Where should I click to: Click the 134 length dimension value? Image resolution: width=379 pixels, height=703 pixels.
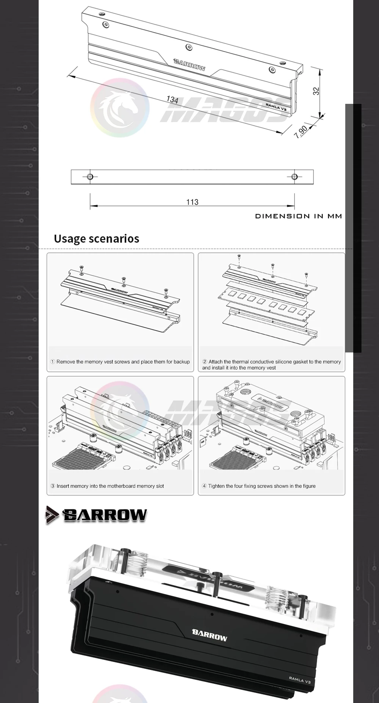(x=172, y=100)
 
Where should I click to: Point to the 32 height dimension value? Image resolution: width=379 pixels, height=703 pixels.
(x=316, y=91)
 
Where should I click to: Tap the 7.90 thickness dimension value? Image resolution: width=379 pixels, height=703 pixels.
(x=301, y=131)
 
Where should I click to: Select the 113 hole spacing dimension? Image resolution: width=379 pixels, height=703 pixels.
(x=192, y=202)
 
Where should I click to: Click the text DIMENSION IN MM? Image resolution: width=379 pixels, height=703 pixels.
(x=299, y=216)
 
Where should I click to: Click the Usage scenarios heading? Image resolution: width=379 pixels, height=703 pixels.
(x=96, y=239)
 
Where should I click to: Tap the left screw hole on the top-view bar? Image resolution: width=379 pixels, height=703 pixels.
(x=90, y=177)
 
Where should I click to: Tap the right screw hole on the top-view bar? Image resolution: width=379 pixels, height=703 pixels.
(x=294, y=177)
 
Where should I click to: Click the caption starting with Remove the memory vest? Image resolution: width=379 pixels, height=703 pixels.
(x=120, y=362)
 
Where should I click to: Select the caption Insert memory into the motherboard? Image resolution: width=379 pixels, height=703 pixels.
(x=107, y=486)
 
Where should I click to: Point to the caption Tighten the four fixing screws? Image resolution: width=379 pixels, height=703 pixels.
(x=258, y=486)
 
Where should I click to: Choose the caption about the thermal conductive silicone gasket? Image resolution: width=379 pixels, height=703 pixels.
(x=271, y=365)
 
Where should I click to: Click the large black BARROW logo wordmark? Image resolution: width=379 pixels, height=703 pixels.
(x=105, y=515)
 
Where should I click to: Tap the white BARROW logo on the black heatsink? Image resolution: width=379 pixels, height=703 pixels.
(x=210, y=635)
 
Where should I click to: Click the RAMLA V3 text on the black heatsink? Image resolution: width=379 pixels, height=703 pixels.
(x=299, y=680)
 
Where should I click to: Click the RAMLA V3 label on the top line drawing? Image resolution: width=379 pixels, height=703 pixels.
(x=276, y=107)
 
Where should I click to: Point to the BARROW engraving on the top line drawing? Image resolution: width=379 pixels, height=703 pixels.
(x=189, y=65)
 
